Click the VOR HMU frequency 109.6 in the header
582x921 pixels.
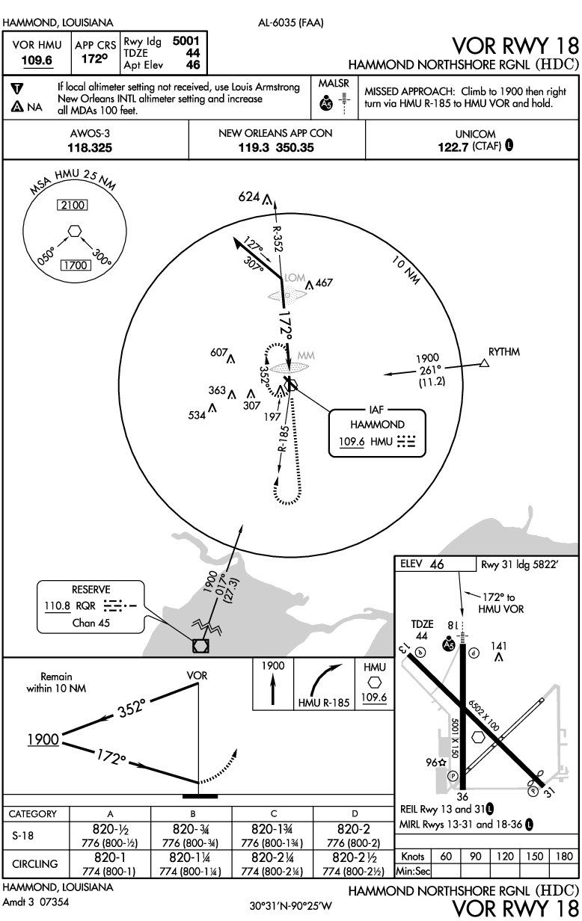37,61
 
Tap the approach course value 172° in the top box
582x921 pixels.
94,59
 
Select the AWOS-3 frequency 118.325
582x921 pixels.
90,147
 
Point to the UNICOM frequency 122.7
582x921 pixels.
453,147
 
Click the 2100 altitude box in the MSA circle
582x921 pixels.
73,205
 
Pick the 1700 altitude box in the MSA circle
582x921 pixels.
76,265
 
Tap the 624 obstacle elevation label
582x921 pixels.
249,197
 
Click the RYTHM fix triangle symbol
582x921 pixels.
485,363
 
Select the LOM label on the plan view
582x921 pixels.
295,278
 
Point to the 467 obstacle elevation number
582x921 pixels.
324,283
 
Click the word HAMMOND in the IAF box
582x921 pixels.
377,425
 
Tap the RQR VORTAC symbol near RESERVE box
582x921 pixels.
200,646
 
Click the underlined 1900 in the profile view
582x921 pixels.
43,739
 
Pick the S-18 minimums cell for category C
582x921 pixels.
272,836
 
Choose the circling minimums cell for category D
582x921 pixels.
353,863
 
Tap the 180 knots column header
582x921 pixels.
564,856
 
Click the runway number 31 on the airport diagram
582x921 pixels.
548,792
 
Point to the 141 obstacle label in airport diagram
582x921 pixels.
498,646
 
